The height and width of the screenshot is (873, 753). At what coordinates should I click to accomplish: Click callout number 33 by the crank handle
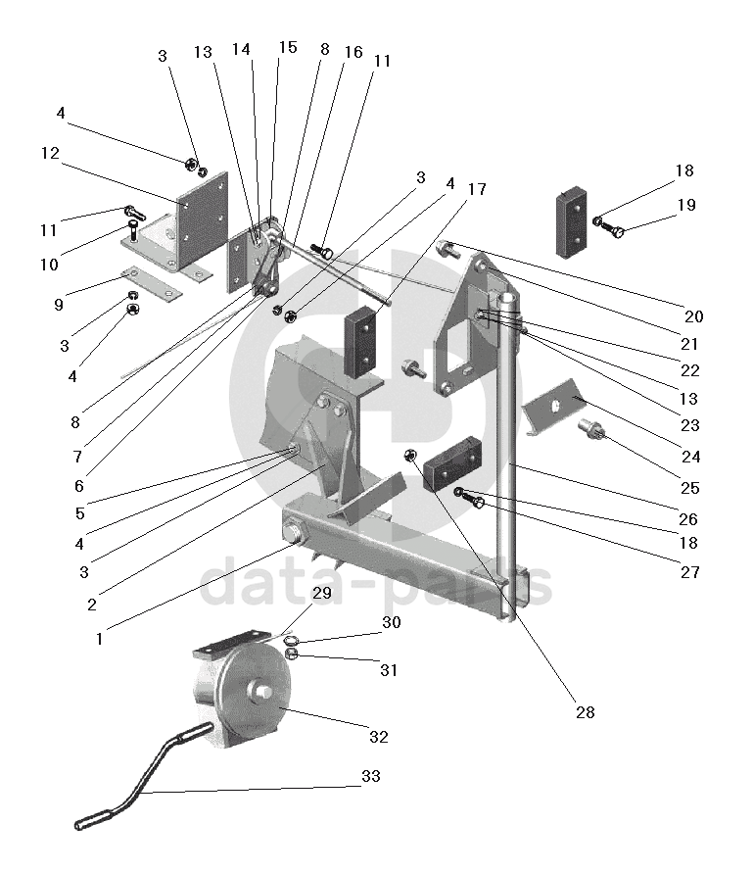[x=371, y=777]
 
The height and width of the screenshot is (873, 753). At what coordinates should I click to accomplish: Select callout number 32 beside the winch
[x=378, y=737]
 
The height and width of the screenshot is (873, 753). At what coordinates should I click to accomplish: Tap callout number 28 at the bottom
[x=585, y=712]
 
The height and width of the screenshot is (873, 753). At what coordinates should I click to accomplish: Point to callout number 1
[x=100, y=638]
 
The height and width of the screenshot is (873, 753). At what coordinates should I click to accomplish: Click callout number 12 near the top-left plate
[x=51, y=154]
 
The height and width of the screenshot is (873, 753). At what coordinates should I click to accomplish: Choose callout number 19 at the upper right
[x=685, y=205]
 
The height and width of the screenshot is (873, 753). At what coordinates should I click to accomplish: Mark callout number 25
[x=690, y=488]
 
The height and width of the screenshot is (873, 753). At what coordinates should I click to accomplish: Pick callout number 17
[x=477, y=189]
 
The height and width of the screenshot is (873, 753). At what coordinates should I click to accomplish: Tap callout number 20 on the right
[x=694, y=316]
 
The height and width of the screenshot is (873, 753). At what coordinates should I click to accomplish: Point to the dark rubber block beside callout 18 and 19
[x=572, y=222]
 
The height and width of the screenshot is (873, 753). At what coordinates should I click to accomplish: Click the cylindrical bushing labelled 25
[x=592, y=429]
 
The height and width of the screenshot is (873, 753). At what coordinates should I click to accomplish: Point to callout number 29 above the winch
[x=322, y=594]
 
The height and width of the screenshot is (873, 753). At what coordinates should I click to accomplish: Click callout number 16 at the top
[x=353, y=52]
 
